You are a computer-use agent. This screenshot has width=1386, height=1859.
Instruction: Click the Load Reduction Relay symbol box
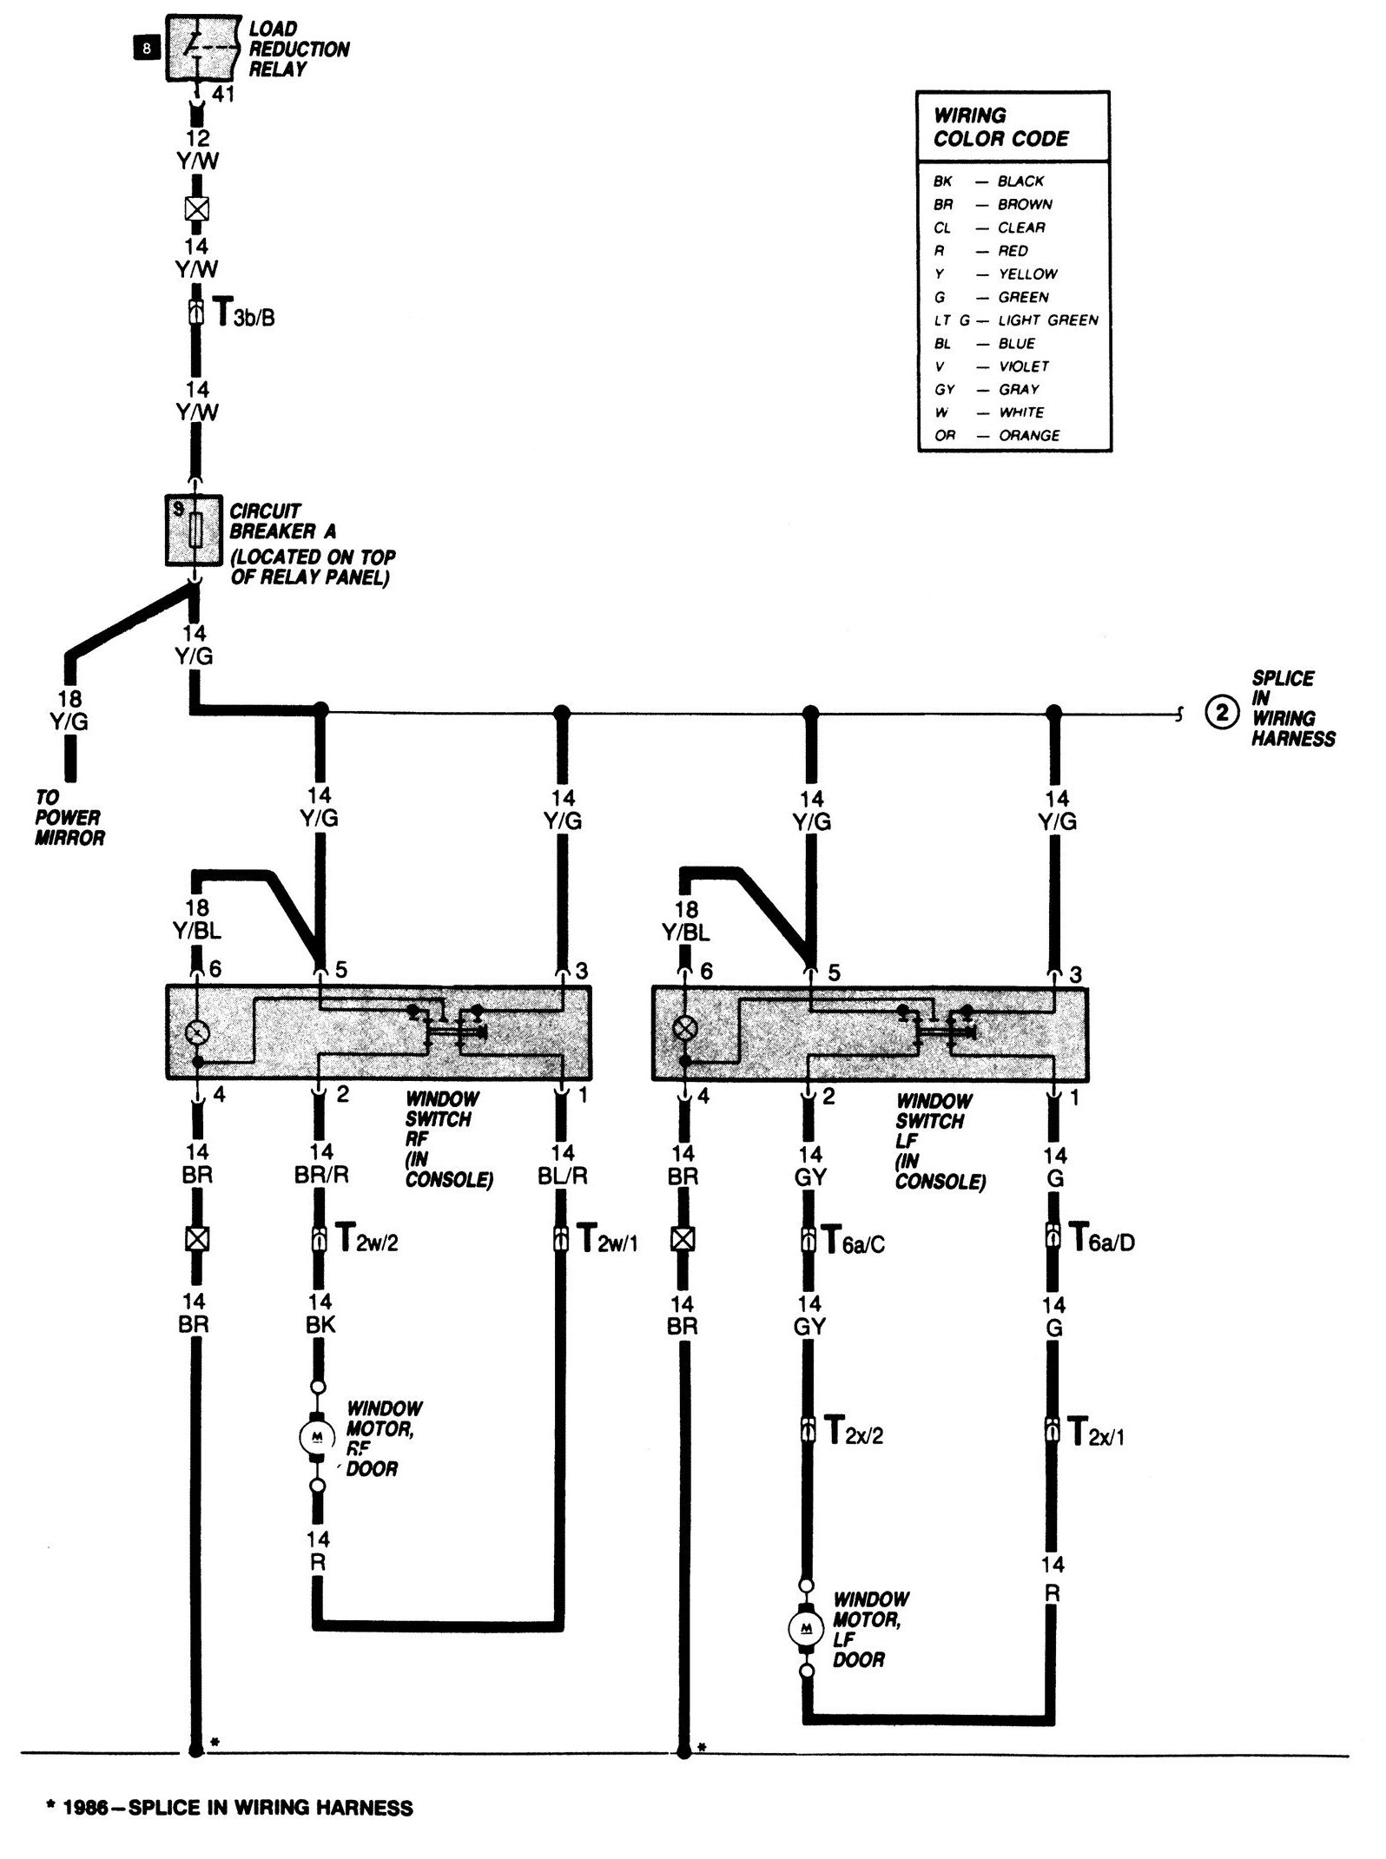[x=202, y=47]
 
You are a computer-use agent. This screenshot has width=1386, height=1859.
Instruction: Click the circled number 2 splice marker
[x=1221, y=714]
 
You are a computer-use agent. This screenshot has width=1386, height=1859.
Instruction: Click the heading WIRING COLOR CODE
[x=1000, y=127]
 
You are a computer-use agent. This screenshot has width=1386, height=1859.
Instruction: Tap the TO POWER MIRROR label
[x=69, y=818]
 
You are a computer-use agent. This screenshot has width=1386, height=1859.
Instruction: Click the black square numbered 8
[x=146, y=49]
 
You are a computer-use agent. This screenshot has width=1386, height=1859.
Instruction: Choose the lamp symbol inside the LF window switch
[x=685, y=1031]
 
